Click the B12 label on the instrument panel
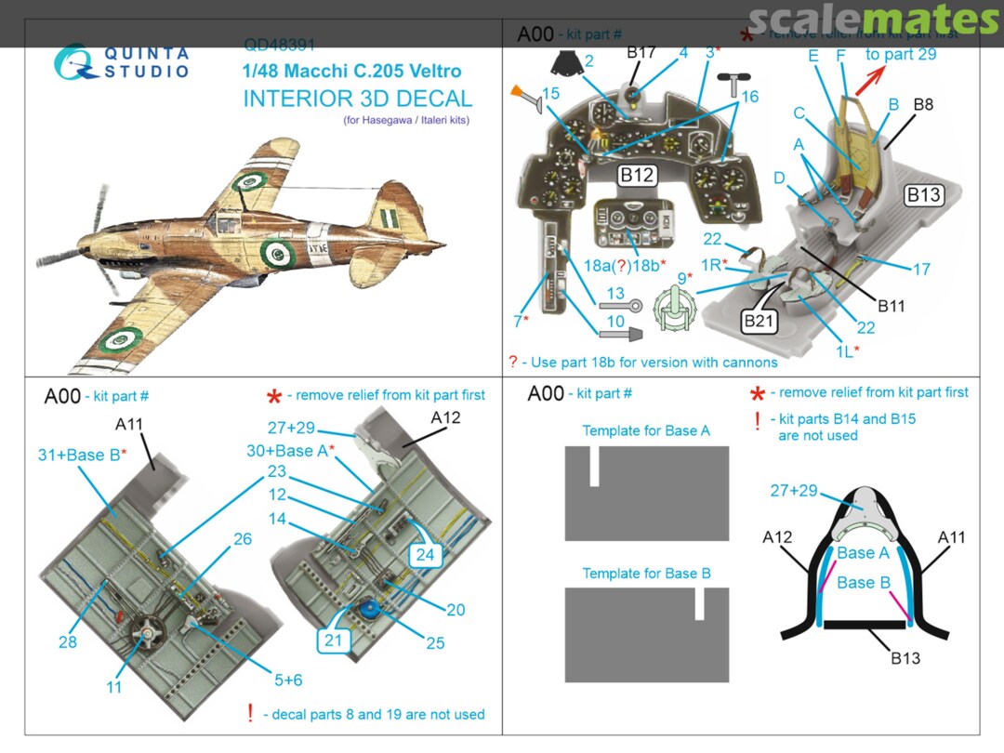coord(639,175)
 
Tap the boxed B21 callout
coord(760,321)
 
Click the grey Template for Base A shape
coord(646,493)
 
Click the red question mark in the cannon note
coord(512,363)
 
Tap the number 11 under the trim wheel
coord(113,687)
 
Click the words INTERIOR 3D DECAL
coord(357,99)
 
